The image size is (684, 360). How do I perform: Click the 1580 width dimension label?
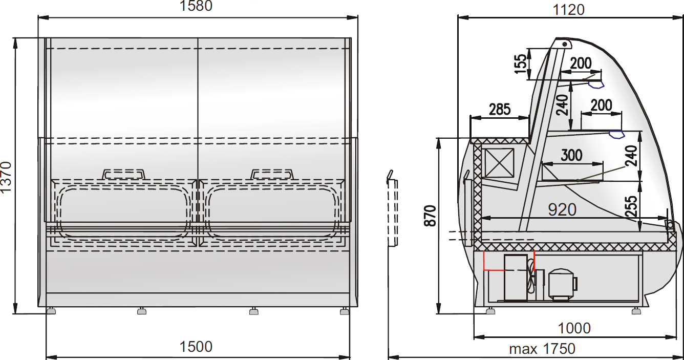(196, 6)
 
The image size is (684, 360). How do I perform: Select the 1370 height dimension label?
(6, 177)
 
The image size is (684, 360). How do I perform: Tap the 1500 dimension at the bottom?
(196, 347)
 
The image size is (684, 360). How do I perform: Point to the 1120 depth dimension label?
(569, 10)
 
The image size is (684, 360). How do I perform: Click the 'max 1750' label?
(542, 349)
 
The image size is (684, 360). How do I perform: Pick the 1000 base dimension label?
(574, 329)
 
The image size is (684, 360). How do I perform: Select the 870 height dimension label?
(431, 216)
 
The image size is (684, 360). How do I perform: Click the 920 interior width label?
(562, 210)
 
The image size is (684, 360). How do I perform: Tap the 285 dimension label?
(500, 109)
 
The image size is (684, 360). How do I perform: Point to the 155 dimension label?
(521, 64)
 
